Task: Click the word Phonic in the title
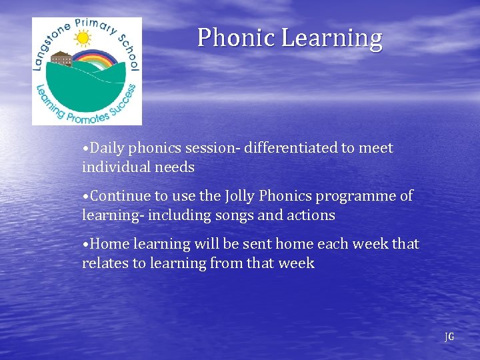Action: pyautogui.click(x=236, y=38)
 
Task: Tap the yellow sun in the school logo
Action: pyautogui.click(x=83, y=39)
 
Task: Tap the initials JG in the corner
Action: pyautogui.click(x=449, y=337)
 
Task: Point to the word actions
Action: pyautogui.click(x=311, y=215)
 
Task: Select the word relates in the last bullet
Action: pyautogui.click(x=105, y=263)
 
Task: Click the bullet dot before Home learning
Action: pyautogui.click(x=85, y=245)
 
